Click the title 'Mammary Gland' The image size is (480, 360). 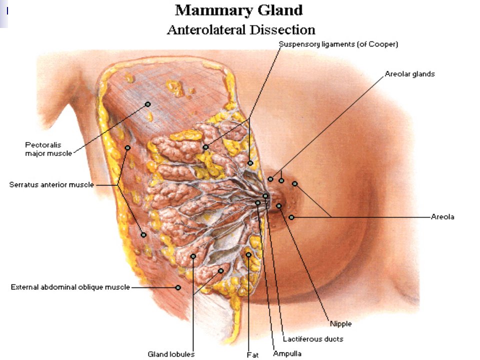[239, 10]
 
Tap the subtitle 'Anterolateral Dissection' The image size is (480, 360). [241, 30]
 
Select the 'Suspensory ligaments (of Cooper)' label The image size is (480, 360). [338, 44]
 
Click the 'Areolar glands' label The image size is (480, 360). [409, 74]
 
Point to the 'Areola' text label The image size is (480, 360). [442, 216]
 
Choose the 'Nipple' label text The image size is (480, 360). [340, 324]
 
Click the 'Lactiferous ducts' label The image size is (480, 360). [313, 339]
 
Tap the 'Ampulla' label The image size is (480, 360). [287, 354]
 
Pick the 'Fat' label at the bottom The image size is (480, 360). [252, 355]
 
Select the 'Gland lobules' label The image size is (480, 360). [171, 354]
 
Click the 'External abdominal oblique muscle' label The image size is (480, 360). [70, 287]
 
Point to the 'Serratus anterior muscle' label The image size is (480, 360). [51, 184]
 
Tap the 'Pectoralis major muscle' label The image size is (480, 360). [48, 149]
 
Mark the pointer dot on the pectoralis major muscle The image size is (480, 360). [148, 104]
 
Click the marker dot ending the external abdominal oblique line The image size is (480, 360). [178, 287]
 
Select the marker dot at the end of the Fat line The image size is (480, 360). [248, 254]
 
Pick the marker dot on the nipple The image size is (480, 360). [279, 206]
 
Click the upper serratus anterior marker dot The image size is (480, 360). [127, 148]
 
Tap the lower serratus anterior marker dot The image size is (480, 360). [143, 235]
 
